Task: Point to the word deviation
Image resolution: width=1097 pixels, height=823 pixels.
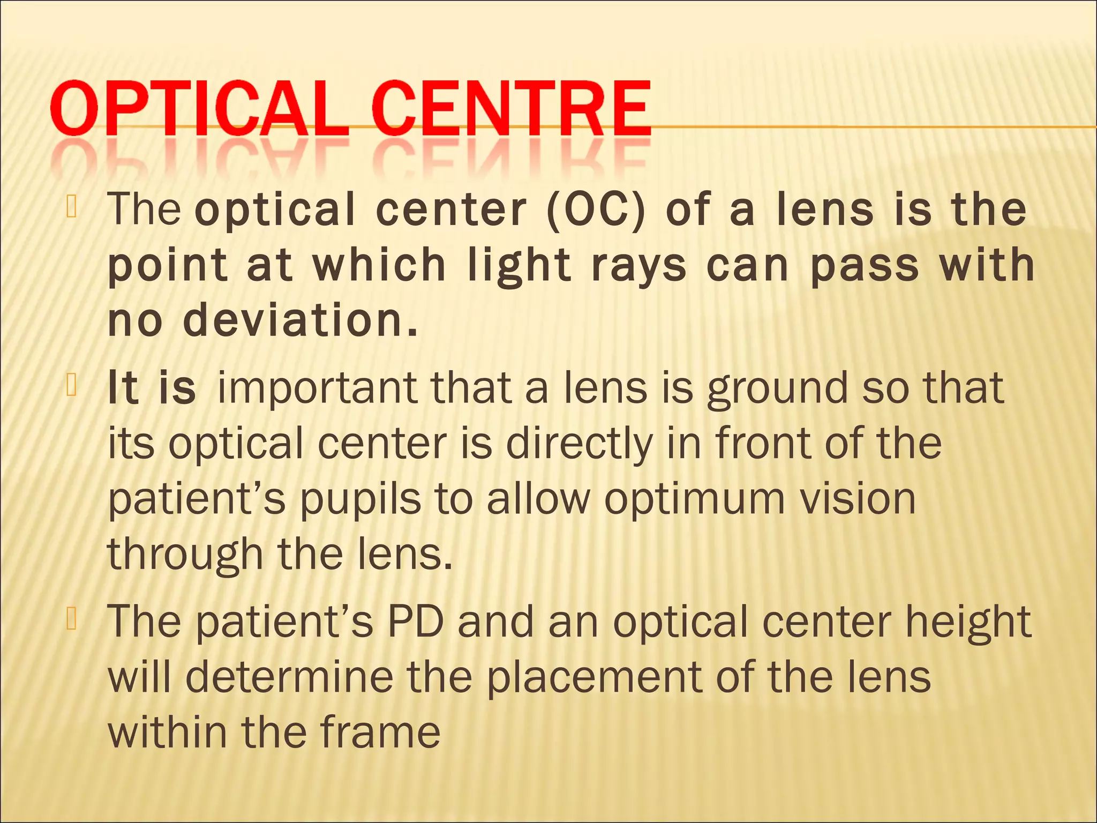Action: click(x=300, y=320)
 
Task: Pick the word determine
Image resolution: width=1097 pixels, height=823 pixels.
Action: click(x=289, y=677)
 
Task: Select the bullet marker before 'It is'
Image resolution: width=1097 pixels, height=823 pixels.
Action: click(x=72, y=386)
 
